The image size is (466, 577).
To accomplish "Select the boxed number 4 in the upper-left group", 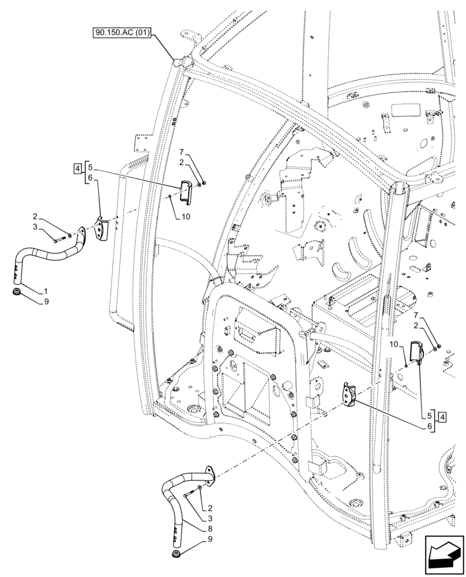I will [77, 168].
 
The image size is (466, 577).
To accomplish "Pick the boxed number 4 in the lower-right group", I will [441, 417].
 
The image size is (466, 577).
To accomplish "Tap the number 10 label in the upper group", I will [185, 216].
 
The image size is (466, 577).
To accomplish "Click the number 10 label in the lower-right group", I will [394, 344].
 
